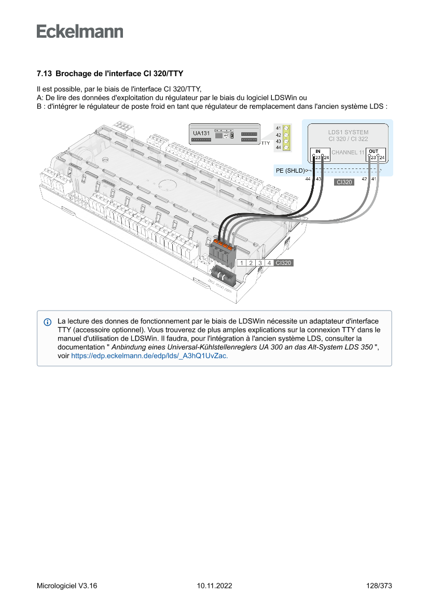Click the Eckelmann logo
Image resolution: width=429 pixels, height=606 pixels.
click(80, 31)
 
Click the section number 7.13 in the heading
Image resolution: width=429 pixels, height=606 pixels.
click(44, 74)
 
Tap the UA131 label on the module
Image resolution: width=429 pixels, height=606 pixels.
click(201, 133)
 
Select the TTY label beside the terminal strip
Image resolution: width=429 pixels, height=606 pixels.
click(266, 143)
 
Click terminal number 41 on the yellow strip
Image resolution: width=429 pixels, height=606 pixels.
click(279, 128)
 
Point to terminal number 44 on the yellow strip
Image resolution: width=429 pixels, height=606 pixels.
click(279, 148)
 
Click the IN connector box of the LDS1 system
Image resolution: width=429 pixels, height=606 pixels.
click(319, 154)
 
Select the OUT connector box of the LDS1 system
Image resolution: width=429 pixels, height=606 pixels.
click(375, 154)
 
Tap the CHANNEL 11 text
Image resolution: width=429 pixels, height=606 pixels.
click(348, 152)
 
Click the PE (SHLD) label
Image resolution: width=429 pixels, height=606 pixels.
click(289, 170)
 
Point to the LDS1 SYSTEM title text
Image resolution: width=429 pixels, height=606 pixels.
click(348, 132)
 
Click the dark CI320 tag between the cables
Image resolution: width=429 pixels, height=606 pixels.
click(344, 182)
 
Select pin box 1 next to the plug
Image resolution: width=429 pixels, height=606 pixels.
click(242, 263)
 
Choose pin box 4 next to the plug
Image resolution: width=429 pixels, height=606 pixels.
click(269, 263)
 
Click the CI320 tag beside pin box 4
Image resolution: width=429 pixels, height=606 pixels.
click(284, 263)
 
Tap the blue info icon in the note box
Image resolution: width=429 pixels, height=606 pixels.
click(48, 322)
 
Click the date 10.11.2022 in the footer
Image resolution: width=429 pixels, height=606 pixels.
click(214, 586)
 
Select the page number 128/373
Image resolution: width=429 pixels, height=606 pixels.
click(379, 586)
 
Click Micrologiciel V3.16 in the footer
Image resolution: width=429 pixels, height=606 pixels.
click(67, 586)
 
